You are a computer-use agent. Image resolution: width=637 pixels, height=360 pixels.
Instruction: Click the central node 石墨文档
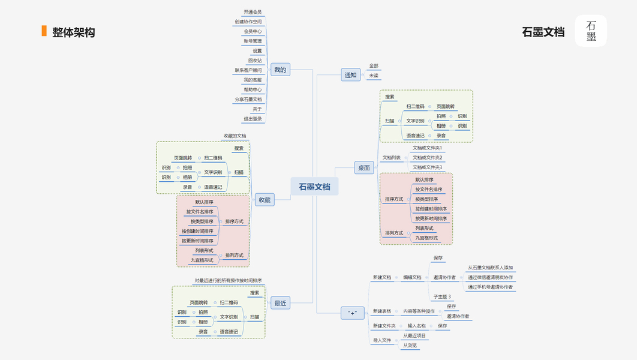point(314,187)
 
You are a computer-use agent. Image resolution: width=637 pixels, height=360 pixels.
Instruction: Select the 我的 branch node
point(280,70)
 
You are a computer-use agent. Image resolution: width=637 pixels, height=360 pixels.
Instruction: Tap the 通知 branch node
point(350,75)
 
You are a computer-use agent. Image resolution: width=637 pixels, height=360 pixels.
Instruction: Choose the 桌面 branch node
point(363,168)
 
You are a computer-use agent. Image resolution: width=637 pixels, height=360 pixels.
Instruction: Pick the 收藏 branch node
point(265,200)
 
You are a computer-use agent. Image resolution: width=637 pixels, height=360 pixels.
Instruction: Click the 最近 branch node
point(280,303)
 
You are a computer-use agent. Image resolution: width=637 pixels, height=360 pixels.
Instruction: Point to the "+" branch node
point(352,313)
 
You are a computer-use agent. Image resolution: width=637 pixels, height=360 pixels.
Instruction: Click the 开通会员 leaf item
point(253,12)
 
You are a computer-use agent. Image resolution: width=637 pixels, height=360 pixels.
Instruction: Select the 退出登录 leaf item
point(253,119)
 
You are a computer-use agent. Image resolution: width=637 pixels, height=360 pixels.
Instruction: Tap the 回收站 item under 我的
point(255,61)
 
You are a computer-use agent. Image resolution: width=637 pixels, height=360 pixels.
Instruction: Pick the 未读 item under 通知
point(374,76)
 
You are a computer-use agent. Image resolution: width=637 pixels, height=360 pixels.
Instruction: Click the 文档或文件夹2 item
point(427,157)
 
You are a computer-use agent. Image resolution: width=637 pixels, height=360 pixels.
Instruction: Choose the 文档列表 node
point(392,157)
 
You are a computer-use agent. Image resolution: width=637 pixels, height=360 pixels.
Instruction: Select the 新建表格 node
point(382,311)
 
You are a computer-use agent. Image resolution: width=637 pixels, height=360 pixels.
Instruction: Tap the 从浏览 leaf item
point(410,345)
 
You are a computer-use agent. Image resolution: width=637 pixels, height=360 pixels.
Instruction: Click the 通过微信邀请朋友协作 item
point(491,277)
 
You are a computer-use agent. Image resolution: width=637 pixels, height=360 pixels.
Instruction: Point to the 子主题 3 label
point(442,296)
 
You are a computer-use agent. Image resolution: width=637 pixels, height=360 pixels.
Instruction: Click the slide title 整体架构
point(73,32)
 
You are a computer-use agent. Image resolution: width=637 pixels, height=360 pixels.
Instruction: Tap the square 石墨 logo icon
point(591,31)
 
